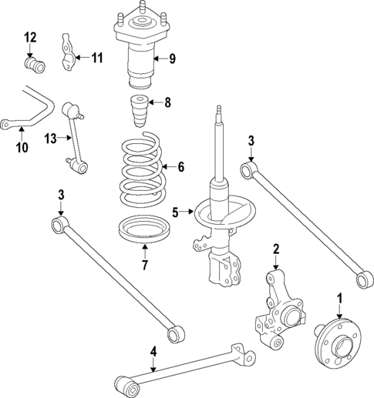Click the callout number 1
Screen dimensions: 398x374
click(x=338, y=297)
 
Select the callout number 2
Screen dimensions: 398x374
click(x=276, y=248)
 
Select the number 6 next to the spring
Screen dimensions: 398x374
click(x=181, y=166)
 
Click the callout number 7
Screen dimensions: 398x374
click(x=143, y=266)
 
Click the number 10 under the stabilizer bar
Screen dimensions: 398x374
click(x=21, y=145)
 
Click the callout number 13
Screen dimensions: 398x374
click(x=50, y=139)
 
